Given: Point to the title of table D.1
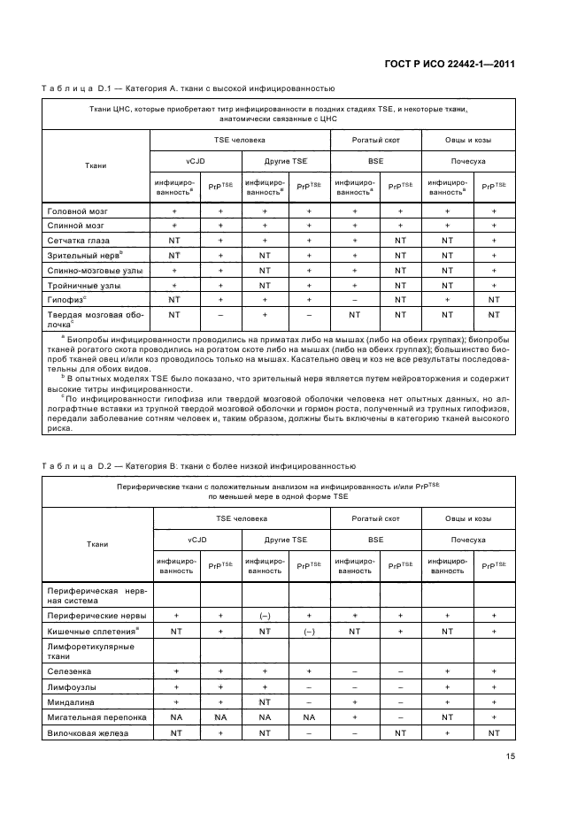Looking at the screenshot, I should (188, 88).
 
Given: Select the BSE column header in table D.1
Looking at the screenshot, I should (375, 163).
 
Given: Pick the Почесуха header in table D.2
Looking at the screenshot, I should (468, 539).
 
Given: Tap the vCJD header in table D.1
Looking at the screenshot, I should (195, 163).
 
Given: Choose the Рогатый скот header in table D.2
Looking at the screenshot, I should (374, 517).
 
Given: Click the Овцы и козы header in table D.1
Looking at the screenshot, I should (468, 141).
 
